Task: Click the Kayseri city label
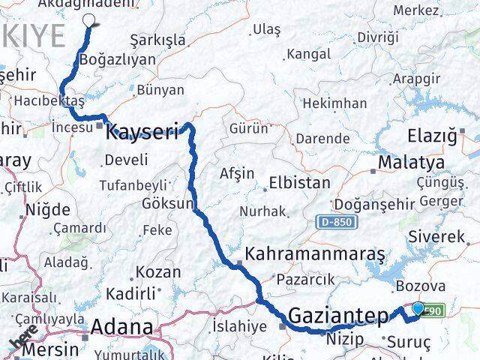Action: [x=142, y=133]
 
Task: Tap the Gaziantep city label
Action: [x=340, y=316]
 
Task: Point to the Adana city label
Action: [x=121, y=328]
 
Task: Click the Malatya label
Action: [x=411, y=162]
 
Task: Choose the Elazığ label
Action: [x=430, y=136]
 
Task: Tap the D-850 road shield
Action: [x=337, y=222]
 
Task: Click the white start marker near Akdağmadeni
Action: [x=89, y=21]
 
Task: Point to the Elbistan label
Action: [x=304, y=183]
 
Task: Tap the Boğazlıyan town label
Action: [x=117, y=59]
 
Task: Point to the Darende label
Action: [x=322, y=138]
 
